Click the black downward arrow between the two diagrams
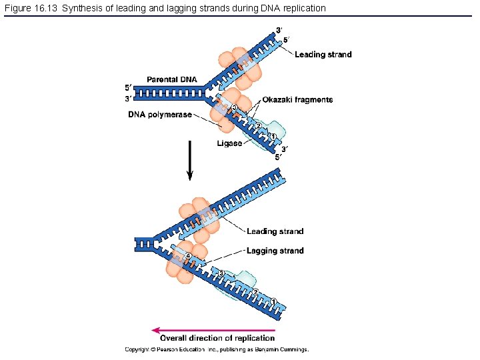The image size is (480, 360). [x=190, y=160]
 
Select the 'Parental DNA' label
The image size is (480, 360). [x=172, y=80]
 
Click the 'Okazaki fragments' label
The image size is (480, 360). [x=297, y=100]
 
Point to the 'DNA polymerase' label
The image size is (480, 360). [x=160, y=115]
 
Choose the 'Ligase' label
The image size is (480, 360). [x=229, y=143]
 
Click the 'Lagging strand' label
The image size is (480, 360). [x=275, y=251]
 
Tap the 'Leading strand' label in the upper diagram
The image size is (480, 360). [x=323, y=55]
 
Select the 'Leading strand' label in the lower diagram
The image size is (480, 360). [x=275, y=231]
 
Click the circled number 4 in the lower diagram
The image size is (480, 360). [x=189, y=256]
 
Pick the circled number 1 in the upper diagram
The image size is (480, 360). [x=273, y=137]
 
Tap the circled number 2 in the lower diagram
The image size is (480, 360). [x=255, y=291]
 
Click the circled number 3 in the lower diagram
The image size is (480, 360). [x=221, y=273]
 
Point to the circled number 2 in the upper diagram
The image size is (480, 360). [x=258, y=126]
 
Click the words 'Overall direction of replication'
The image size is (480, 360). [x=217, y=339]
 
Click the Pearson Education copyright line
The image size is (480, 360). [x=217, y=349]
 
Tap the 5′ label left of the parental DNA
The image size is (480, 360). [x=129, y=87]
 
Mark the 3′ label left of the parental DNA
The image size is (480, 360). [x=129, y=99]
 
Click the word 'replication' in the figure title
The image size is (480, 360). [x=304, y=8]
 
